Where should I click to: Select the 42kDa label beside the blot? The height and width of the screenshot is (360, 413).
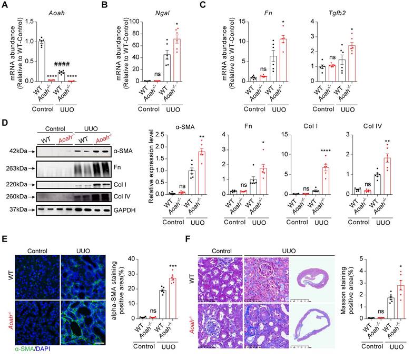[16, 150]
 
